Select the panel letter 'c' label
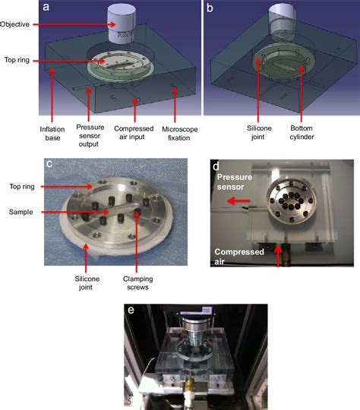49,163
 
